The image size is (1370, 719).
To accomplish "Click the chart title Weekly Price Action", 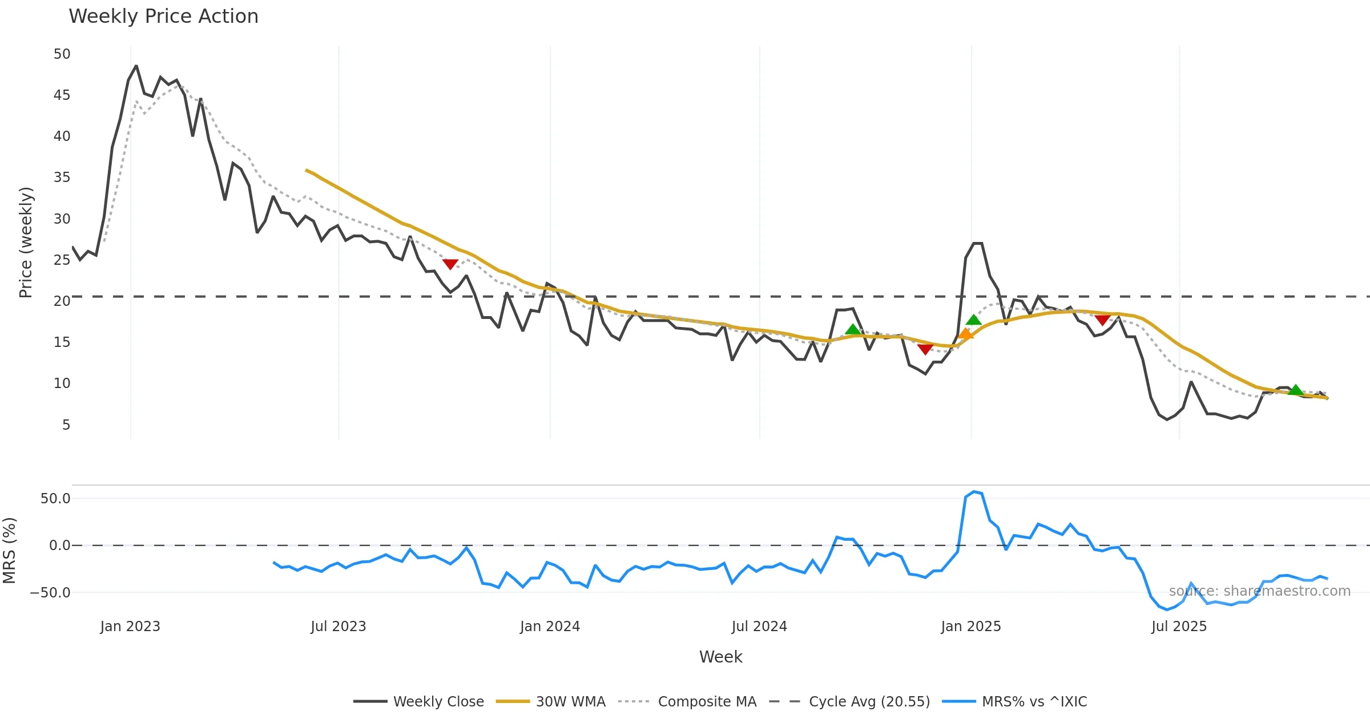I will pyautogui.click(x=163, y=17).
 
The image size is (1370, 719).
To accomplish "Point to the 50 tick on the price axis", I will pyautogui.click(x=62, y=54).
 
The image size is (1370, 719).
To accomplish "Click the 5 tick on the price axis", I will pyautogui.click(x=66, y=425).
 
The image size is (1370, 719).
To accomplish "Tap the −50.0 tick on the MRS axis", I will pyautogui.click(x=50, y=593).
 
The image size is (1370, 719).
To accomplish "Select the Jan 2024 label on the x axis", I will pyautogui.click(x=550, y=627).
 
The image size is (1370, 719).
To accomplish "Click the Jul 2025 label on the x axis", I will pyautogui.click(x=1179, y=627).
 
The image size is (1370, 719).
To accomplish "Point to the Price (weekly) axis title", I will pyautogui.click(x=26, y=243).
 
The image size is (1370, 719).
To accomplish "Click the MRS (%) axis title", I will pyautogui.click(x=10, y=551).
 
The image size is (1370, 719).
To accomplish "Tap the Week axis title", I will pyautogui.click(x=720, y=657).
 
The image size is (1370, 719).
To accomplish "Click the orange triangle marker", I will pyautogui.click(x=965, y=334).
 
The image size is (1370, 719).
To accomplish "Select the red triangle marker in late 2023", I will pyautogui.click(x=450, y=264).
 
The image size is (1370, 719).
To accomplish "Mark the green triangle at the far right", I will pyautogui.click(x=1296, y=390).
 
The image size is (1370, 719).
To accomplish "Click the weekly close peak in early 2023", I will pyautogui.click(x=136, y=66).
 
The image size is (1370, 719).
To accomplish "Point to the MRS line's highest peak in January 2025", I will pyautogui.click(x=974, y=491).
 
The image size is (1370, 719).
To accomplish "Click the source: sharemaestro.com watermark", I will pyautogui.click(x=1259, y=591).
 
